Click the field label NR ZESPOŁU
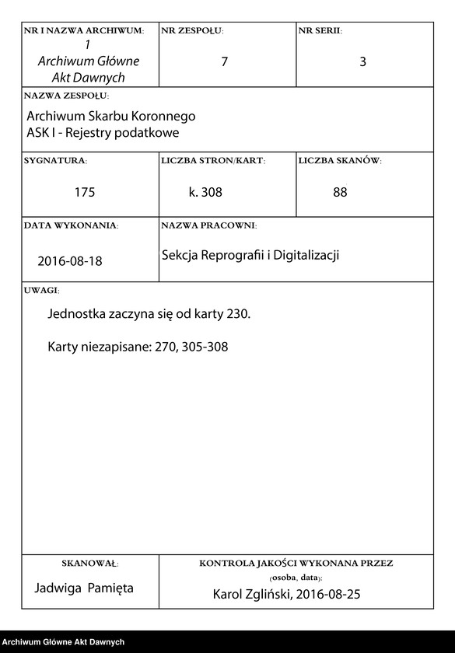(192, 30)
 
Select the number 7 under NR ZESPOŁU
(225, 62)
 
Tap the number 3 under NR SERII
(362, 62)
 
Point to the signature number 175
(85, 192)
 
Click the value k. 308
(205, 192)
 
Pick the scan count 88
(340, 192)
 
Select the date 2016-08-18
(70, 261)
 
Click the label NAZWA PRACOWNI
(208, 225)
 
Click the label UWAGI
(41, 290)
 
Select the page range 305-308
(205, 347)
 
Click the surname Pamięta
(110, 588)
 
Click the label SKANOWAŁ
(89, 562)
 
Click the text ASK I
(42, 132)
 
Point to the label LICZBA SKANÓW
(340, 161)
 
